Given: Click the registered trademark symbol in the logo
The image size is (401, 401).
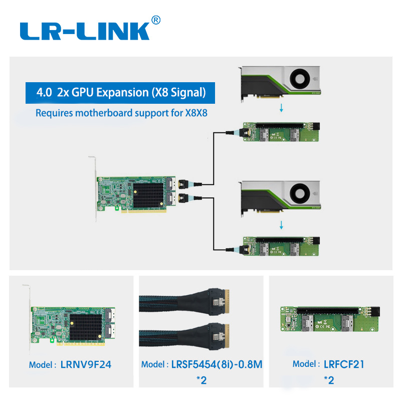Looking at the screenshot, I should coord(155,20).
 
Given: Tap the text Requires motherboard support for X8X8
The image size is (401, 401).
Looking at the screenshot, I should coord(121,113).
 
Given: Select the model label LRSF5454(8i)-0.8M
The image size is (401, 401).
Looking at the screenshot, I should coord(202,364).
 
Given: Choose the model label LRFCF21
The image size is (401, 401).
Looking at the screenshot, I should coord(329,364).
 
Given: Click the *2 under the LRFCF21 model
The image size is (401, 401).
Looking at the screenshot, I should coord(329,379).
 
